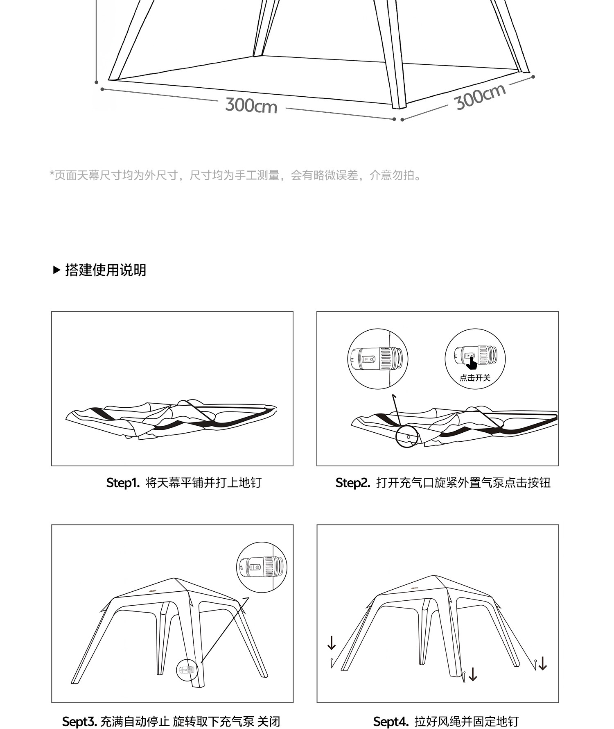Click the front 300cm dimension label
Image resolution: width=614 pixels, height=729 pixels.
tap(251, 105)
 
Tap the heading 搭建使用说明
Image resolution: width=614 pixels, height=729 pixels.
tap(106, 270)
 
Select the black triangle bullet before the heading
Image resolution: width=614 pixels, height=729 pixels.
tap(57, 270)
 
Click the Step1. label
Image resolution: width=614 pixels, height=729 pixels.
tap(123, 483)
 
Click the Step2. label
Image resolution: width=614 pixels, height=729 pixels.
tap(352, 483)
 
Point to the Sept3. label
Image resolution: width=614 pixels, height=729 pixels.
tap(79, 721)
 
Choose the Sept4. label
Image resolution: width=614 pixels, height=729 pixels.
tap(391, 721)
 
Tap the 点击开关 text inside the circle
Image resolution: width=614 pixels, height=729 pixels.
tap(475, 378)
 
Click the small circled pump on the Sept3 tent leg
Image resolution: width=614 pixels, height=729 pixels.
tap(187, 670)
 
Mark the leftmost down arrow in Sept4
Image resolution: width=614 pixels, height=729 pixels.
tap(332, 643)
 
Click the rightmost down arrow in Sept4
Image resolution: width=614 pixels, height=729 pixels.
tap(543, 663)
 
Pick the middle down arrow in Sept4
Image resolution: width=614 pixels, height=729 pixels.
tap(473, 674)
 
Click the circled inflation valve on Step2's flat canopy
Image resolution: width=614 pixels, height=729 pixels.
tap(408, 437)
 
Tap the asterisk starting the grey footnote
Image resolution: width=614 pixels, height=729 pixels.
tap(52, 175)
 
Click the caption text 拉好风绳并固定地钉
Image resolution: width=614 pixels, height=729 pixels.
tap(467, 721)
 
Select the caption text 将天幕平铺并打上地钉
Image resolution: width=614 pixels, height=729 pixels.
tap(203, 483)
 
